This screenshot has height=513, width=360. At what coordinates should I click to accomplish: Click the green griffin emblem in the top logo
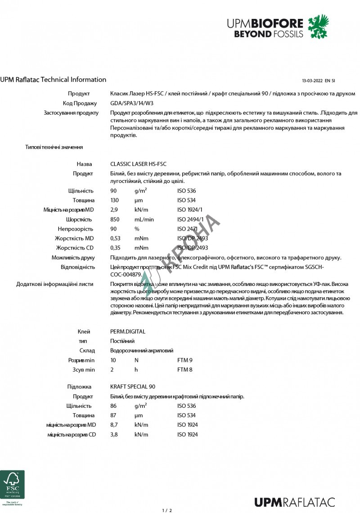[x=318, y=26]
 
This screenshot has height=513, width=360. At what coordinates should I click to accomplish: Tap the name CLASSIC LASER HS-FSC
[x=138, y=164]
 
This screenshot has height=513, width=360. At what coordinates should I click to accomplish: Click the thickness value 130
[x=114, y=200]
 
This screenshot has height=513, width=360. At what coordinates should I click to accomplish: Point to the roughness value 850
[x=114, y=219]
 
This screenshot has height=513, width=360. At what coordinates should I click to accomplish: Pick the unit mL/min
[x=144, y=219]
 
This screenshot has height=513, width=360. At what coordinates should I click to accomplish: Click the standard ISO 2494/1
[x=190, y=219]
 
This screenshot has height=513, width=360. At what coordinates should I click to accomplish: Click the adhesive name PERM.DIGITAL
[x=128, y=331]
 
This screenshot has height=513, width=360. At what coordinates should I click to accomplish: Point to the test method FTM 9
[x=184, y=360]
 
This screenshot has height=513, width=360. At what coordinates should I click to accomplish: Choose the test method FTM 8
[x=184, y=370]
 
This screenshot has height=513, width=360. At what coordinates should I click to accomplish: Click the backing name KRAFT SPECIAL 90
[x=133, y=387]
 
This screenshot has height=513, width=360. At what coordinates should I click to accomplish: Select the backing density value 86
[x=113, y=406]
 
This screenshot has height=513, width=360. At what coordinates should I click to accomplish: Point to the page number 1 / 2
[x=167, y=510]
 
